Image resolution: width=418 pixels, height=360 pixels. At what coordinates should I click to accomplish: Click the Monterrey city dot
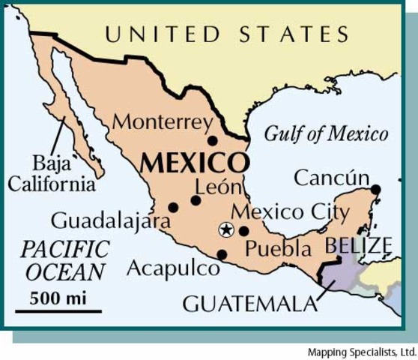[x=213, y=140]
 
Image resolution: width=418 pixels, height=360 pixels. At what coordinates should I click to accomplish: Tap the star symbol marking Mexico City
[x=225, y=230]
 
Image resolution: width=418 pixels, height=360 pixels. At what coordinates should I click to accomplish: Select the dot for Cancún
[x=375, y=189]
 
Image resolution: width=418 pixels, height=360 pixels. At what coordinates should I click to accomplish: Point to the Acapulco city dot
[x=222, y=255]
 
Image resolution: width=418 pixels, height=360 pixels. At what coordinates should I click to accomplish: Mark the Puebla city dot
[x=244, y=231]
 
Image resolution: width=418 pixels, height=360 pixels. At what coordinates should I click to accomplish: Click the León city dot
[x=196, y=200]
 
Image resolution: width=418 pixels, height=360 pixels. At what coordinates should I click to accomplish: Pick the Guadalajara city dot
[x=173, y=208]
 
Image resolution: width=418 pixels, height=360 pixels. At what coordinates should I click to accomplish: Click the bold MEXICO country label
[x=193, y=163]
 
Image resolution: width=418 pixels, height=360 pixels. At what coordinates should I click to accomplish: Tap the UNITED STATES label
[x=226, y=34]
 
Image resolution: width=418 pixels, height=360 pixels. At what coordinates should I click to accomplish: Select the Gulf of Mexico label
[x=326, y=134]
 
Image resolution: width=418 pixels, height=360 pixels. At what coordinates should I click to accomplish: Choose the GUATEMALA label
[x=249, y=304]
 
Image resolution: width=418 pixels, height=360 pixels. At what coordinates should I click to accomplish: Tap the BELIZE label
[x=357, y=245]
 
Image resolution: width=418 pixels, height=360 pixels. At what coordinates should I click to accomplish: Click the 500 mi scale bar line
[x=58, y=310]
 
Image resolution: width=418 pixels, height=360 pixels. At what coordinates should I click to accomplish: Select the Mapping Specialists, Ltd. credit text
[x=362, y=352]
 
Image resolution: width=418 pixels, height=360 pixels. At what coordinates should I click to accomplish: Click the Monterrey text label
[x=163, y=121]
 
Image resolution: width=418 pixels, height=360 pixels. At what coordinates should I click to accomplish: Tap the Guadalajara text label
[x=100, y=221]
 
